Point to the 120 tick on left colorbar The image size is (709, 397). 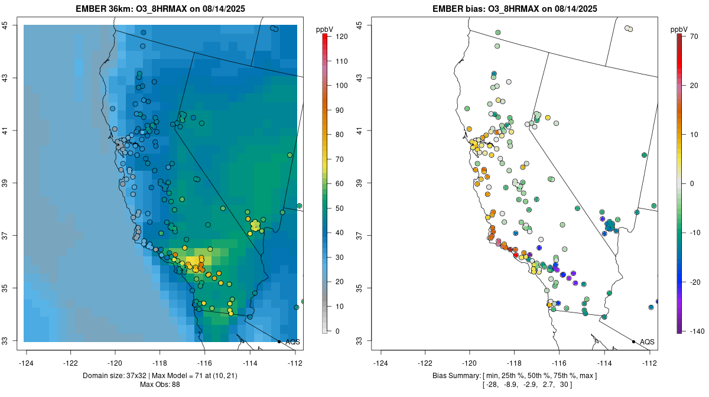click(341, 37)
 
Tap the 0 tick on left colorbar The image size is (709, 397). click(337, 331)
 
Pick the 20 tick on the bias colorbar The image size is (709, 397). click(694, 86)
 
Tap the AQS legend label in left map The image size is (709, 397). click(292, 342)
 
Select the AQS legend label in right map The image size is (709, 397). click(647, 342)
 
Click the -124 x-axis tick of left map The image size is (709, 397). click(27, 362)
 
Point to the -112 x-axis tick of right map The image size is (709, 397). click(649, 362)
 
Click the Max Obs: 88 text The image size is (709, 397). click(160, 385)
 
